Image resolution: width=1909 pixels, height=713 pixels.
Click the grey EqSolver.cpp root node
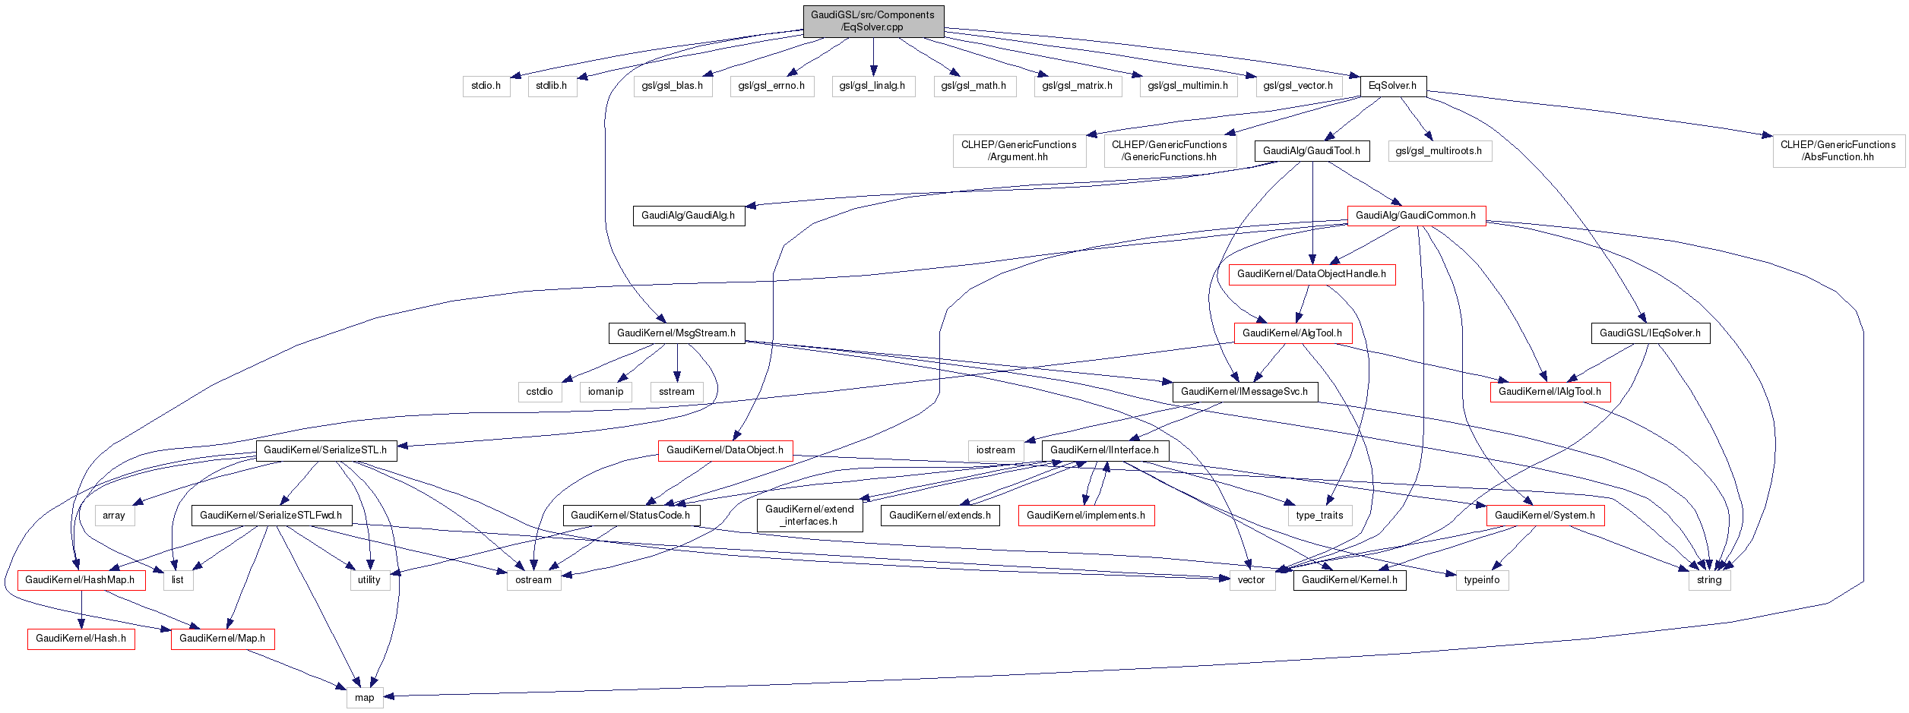[x=873, y=21]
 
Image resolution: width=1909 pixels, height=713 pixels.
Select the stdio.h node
[x=486, y=86]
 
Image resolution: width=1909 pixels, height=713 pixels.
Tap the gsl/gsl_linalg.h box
[x=872, y=86]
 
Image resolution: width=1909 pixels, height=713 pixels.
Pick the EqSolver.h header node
[x=1392, y=86]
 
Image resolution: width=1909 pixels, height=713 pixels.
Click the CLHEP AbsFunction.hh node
[x=1838, y=151]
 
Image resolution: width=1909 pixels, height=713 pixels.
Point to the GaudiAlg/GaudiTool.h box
[x=1312, y=151]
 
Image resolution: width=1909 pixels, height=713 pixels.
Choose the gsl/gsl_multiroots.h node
[x=1439, y=151]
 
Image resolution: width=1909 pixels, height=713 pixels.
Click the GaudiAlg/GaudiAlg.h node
[x=688, y=216]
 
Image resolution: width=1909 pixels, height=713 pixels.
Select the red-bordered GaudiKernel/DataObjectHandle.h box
[x=1311, y=274]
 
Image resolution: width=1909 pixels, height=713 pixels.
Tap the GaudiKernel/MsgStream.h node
[x=676, y=333]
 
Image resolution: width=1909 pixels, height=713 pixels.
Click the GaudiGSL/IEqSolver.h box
[x=1650, y=333]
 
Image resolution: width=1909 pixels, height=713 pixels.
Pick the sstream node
[x=676, y=392]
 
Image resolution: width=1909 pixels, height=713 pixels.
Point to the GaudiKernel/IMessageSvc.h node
[x=1244, y=392]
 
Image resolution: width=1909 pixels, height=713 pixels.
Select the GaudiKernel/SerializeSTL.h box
[x=325, y=450]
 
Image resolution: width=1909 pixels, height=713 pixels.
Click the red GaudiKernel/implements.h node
[x=1086, y=516]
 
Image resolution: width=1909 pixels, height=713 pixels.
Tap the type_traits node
[x=1319, y=516]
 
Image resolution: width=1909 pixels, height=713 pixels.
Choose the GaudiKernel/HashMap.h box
[x=80, y=580]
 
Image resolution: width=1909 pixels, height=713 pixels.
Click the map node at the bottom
[x=365, y=698]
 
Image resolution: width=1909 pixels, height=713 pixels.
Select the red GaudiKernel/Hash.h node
[x=81, y=639]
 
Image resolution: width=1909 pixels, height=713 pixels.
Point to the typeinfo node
[x=1482, y=580]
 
